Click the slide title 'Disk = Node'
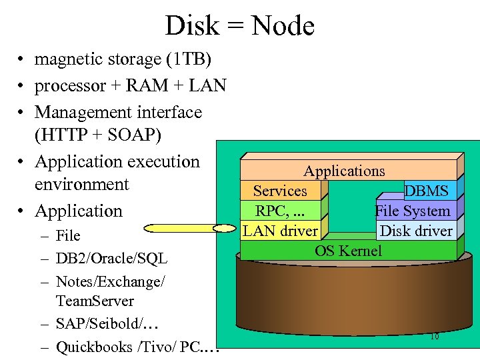239,26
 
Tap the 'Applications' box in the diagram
344,171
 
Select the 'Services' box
280,191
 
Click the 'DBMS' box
427,191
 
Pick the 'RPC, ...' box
280,211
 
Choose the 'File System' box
413,211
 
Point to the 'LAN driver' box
280,231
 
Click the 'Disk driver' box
416,231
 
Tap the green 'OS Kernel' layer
348,251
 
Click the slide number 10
434,337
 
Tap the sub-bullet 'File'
68,235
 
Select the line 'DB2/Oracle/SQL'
111,259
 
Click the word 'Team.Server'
95,301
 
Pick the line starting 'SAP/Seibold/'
107,324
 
